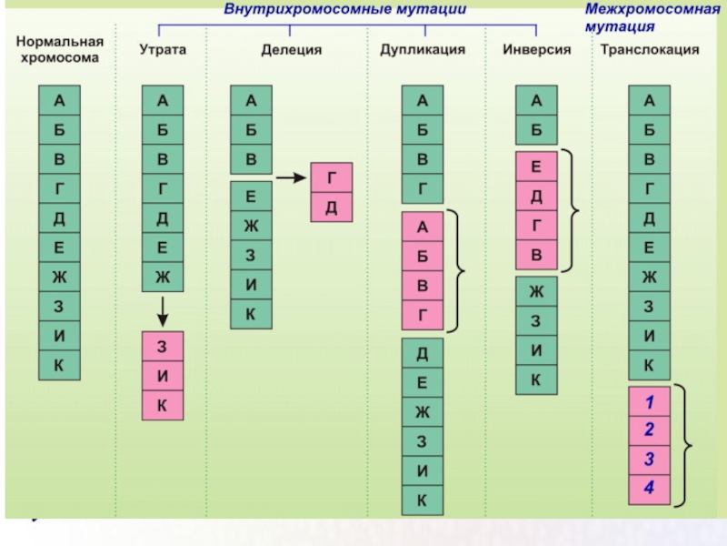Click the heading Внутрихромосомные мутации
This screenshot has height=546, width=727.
pos(345,9)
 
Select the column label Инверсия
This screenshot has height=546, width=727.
pos(536,49)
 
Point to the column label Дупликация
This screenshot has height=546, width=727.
pos(422,49)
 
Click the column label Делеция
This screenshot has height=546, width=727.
pos(291,49)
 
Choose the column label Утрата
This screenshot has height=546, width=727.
pos(163,49)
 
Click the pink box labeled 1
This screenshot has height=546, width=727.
pos(650,401)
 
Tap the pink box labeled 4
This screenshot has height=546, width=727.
pos(650,489)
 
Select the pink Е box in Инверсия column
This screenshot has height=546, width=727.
pos(536,167)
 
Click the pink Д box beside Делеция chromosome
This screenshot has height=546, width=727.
pos(331,207)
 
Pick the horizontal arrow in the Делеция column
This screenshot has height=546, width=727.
pos(291,177)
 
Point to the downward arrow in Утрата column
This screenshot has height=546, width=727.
pos(163,310)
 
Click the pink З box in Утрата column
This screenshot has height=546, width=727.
pos(163,347)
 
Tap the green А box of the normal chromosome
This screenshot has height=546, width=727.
pos(59,99)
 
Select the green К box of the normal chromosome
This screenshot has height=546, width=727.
pos(59,366)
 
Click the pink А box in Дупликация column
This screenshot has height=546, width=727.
pos(422,227)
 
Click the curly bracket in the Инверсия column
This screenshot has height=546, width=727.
pos(573,211)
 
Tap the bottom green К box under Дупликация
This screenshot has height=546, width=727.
pos(422,500)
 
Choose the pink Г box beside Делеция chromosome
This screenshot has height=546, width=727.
pos(331,177)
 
